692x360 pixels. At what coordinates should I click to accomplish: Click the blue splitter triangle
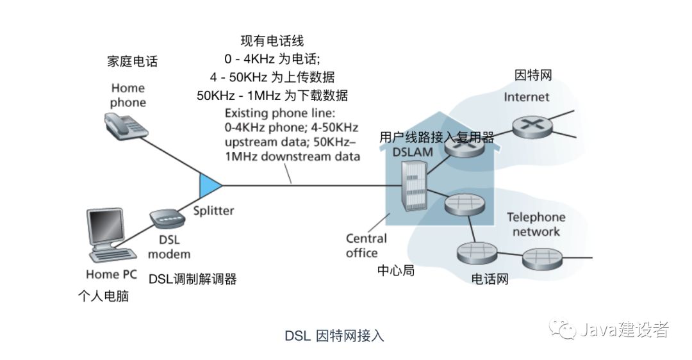tap(208, 185)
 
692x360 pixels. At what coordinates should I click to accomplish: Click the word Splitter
tap(214, 210)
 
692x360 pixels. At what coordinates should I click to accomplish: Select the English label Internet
tap(526, 97)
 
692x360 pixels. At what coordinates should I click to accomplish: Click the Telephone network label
tap(536, 224)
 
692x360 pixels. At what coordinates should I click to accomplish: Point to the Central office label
tap(367, 245)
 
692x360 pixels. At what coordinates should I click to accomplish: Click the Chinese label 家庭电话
tap(132, 61)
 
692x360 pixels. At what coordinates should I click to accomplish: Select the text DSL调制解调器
tap(193, 279)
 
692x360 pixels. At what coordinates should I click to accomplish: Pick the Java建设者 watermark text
tap(624, 330)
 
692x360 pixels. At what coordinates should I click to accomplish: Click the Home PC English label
tap(111, 274)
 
